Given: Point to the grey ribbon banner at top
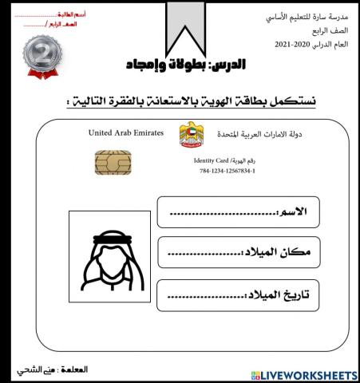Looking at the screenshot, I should (x=185, y=24).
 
